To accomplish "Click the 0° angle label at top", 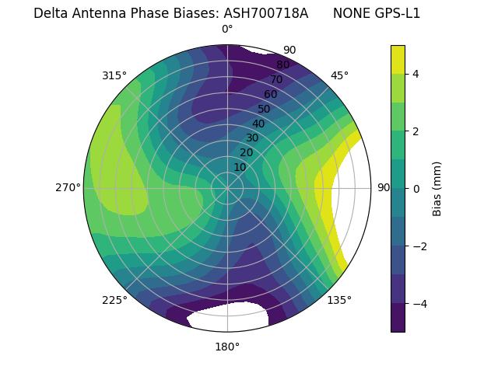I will click(227, 30).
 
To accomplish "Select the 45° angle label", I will click(339, 75).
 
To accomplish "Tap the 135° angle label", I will click(339, 300).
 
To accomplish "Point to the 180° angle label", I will click(227, 347).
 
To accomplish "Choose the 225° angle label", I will click(114, 300).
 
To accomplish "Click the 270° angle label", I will click(68, 187).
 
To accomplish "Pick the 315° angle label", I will click(114, 75).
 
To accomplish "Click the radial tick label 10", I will click(240, 167).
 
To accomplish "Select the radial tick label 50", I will click(264, 109).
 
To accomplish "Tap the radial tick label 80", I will click(282, 65).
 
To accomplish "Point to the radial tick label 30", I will click(252, 138).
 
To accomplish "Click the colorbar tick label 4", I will click(416, 74).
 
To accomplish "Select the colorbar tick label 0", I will click(416, 189).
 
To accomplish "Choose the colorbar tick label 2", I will click(416, 131).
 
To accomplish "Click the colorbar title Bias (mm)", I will click(437, 188).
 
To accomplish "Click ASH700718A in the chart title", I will click(265, 13).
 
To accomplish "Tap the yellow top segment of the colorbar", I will click(398, 59).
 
